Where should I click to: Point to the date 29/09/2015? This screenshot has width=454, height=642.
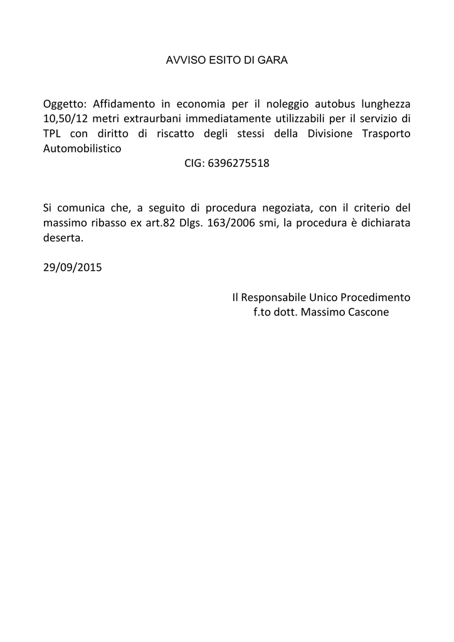pyautogui.click(x=73, y=266)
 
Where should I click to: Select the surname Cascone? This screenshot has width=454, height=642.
pyautogui.click(x=364, y=312)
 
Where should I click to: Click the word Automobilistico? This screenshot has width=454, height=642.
pyautogui.click(x=82, y=149)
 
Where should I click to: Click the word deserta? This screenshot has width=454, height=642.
pyautogui.click(x=63, y=238)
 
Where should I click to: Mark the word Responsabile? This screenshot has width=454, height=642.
pyautogui.click(x=273, y=297)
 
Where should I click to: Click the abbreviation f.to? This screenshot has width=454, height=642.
pyautogui.click(x=262, y=312)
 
